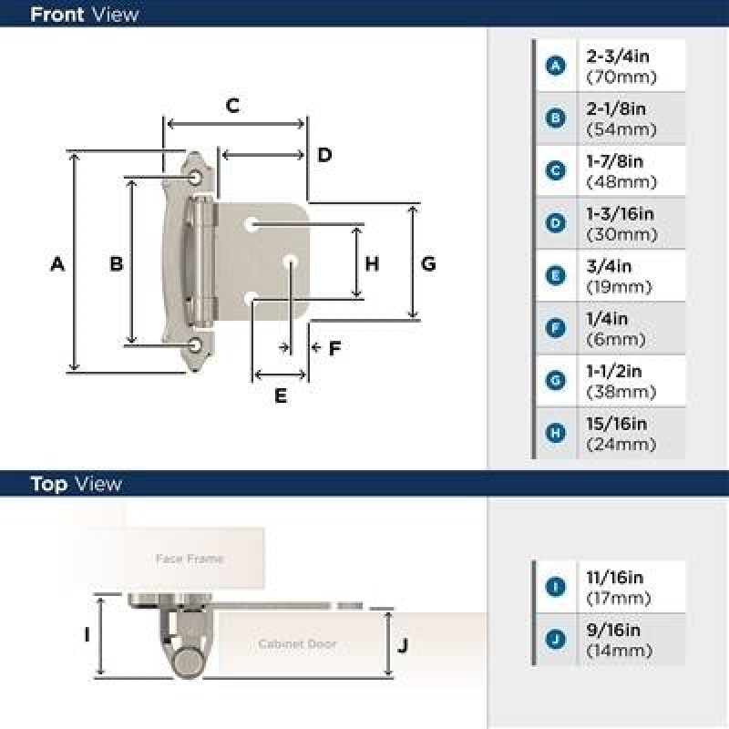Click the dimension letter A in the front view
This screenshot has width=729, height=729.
(57, 264)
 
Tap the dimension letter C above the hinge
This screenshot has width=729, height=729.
(232, 106)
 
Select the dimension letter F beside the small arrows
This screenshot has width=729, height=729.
(334, 348)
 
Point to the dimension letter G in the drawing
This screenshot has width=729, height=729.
(428, 264)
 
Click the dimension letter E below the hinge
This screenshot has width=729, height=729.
(281, 395)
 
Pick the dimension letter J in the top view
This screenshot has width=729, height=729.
(403, 645)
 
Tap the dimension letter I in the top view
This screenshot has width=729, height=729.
(87, 634)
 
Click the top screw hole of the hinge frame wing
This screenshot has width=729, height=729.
(196, 178)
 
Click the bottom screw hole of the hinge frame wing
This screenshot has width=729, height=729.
(195, 345)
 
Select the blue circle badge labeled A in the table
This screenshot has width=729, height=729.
(556, 66)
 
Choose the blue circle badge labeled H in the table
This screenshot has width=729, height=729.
(556, 433)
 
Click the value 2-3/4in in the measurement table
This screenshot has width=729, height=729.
(618, 56)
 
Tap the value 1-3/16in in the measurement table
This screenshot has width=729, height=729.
(621, 214)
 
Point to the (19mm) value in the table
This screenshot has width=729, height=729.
(619, 287)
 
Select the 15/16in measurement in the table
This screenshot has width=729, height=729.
(617, 424)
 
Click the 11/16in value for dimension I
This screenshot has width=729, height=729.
(615, 578)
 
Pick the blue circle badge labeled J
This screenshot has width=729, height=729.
(555, 640)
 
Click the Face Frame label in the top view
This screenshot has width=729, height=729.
(190, 559)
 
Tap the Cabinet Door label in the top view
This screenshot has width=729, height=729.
(298, 644)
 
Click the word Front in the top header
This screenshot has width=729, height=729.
(56, 15)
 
